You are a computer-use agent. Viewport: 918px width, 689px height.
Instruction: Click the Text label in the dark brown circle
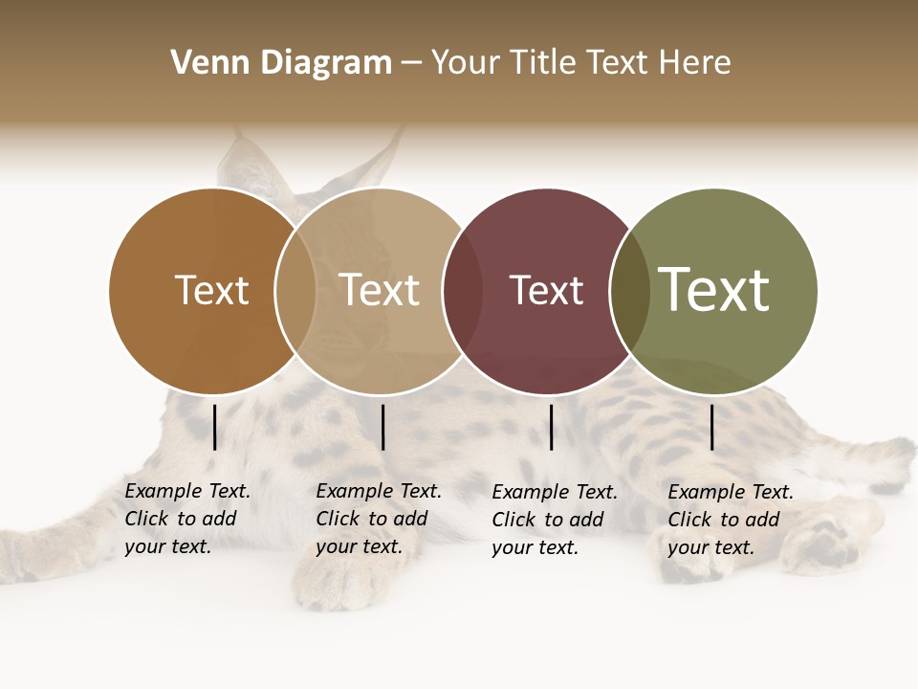tap(211, 290)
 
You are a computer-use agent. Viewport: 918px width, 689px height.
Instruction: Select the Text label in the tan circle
tap(380, 290)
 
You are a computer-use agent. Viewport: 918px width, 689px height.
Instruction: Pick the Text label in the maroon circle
tap(546, 290)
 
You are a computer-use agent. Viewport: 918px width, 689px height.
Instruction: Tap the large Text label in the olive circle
tap(714, 290)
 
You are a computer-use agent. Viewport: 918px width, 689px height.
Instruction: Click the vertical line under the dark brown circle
tap(215, 427)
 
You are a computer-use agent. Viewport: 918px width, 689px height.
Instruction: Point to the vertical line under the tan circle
tap(382, 427)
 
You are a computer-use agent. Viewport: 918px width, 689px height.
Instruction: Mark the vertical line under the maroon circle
tap(552, 427)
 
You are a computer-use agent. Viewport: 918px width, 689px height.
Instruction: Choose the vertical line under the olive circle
tap(712, 427)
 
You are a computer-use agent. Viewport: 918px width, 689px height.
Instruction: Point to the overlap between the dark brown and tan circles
tap(295, 291)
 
